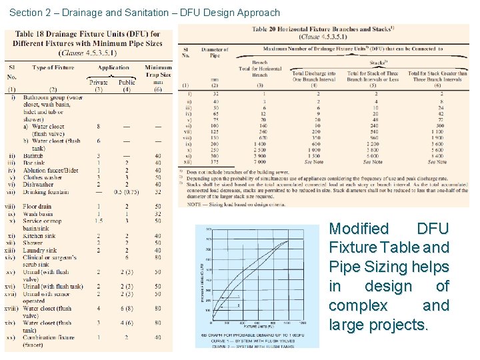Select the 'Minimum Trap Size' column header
pyautogui.click(x=158, y=71)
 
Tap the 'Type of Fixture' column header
pyautogui.click(x=53, y=67)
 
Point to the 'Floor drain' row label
pyautogui.click(x=37, y=207)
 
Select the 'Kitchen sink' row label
pyautogui.click(x=39, y=236)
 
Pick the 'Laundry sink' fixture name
pyautogui.click(x=40, y=250)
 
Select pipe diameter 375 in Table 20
pyautogui.click(x=215, y=162)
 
